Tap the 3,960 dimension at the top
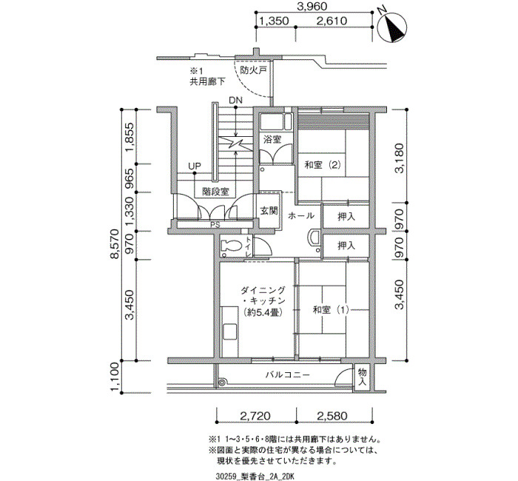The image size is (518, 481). coord(312,6)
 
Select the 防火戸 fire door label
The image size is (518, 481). coord(253,71)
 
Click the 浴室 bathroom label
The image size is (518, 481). coord(272,139)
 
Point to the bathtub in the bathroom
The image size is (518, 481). coord(275,122)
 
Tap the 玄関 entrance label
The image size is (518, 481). coord(269,210)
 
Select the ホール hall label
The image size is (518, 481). coord(300,216)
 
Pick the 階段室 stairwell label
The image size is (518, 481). coord(215,192)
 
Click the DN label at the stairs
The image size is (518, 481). coord(235,100)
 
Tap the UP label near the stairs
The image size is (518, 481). coord(195,166)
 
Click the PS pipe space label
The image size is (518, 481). coord(215,225)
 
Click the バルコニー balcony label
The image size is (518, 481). coord(288,375)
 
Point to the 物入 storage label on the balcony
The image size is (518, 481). coord(363,377)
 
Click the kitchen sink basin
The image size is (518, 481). coord(229,332)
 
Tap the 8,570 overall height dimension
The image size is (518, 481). coord(115,244)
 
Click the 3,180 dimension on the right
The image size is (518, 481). coord(400,158)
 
